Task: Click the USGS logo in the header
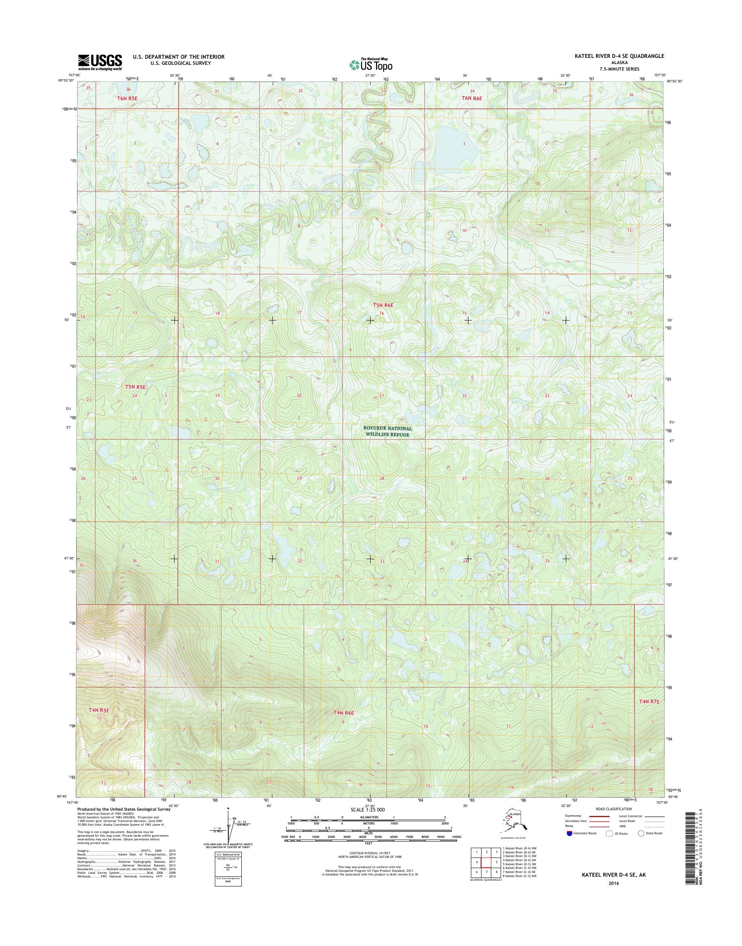[x=100, y=62]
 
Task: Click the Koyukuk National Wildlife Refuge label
[x=387, y=431]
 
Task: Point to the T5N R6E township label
[x=383, y=305]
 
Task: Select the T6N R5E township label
[x=128, y=98]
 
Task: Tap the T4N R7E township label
[x=649, y=714]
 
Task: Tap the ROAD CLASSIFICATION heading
[x=614, y=809]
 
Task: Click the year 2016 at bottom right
[x=614, y=883]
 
